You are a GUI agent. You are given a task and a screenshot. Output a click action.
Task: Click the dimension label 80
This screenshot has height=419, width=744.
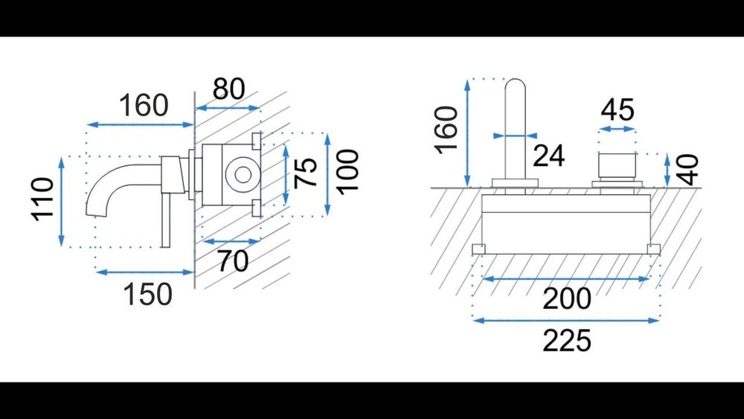pyautogui.click(x=228, y=89)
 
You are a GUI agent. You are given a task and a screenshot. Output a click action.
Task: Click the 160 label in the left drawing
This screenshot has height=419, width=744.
pyautogui.click(x=144, y=106)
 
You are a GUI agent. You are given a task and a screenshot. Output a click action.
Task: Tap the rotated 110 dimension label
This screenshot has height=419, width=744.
pyautogui.click(x=43, y=199)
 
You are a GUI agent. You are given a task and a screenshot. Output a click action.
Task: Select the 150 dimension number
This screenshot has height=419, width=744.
pyautogui.click(x=147, y=294)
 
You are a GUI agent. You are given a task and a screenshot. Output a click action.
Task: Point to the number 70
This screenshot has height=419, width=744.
pyautogui.click(x=233, y=260)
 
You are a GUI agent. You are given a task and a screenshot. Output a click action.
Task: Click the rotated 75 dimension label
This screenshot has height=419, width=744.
pyautogui.click(x=306, y=172)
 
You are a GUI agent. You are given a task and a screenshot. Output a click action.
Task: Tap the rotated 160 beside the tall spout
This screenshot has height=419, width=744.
pyautogui.click(x=446, y=130)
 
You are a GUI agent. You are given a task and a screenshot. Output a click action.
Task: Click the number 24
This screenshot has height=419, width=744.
pyautogui.click(x=549, y=156)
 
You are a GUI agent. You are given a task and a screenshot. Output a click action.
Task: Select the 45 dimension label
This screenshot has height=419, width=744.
pyautogui.click(x=618, y=109)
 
